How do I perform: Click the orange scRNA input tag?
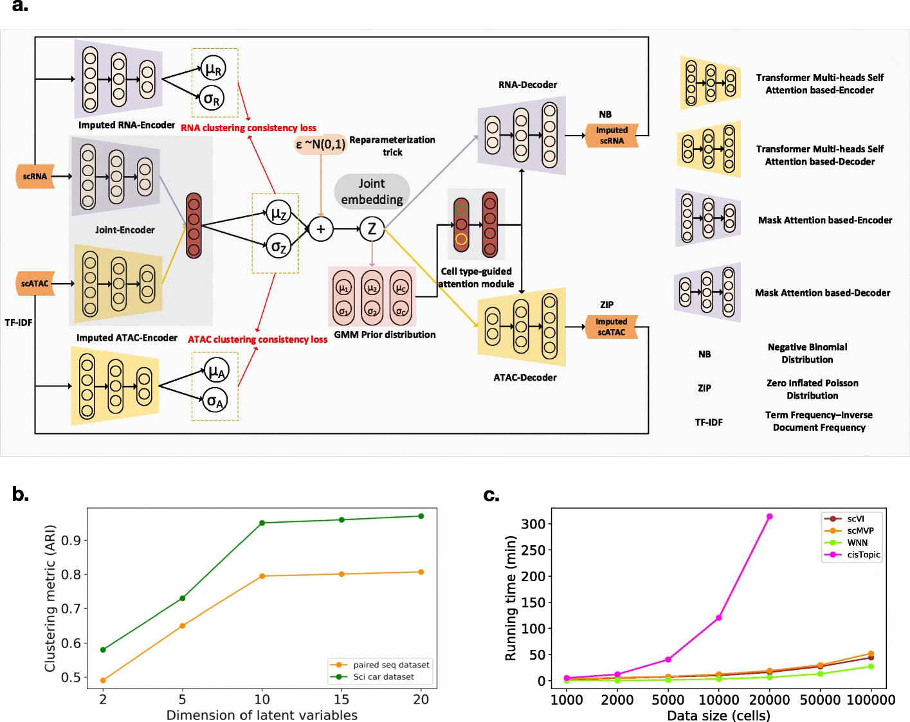[x=35, y=176]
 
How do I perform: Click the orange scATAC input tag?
[x=35, y=284]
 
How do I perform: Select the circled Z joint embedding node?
[x=372, y=228]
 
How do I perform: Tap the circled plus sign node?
[x=320, y=228]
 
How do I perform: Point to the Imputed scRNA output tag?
[x=612, y=136]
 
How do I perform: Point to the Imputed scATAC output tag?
[x=611, y=327]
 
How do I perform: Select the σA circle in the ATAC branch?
[x=214, y=401]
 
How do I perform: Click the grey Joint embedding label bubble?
[x=372, y=192]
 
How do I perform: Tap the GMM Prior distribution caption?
[x=385, y=334]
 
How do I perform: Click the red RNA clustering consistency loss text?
[x=248, y=128]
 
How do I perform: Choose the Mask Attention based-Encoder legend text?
[x=824, y=220]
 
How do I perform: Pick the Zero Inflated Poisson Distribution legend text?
[x=812, y=389]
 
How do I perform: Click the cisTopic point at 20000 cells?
[x=769, y=516]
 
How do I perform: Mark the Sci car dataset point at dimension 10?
[x=262, y=523]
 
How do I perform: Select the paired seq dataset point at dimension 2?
[x=103, y=680]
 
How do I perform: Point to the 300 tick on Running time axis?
[x=533, y=524]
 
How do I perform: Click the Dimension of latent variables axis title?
[x=262, y=715]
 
